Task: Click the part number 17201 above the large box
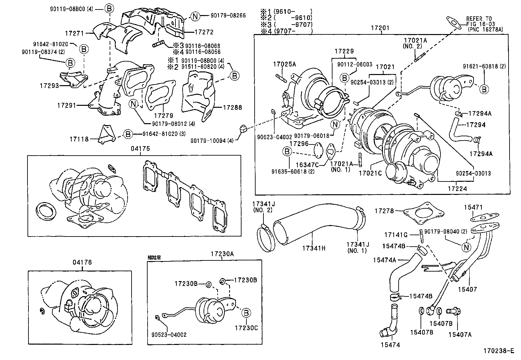click(x=380, y=28)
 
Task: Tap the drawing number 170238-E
click(x=499, y=351)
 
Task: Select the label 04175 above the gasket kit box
click(x=140, y=149)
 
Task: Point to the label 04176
click(x=82, y=262)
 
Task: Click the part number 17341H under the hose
click(x=314, y=248)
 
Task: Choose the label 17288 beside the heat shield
click(x=233, y=107)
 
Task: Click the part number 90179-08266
click(x=228, y=15)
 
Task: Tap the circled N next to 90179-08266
click(x=195, y=16)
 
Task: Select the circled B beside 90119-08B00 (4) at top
click(x=109, y=9)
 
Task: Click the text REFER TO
click(x=479, y=19)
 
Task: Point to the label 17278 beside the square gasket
click(x=384, y=211)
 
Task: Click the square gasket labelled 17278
click(x=423, y=213)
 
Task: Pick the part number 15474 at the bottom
click(x=390, y=345)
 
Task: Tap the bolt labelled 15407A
click(x=454, y=311)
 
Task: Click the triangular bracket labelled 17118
click(x=107, y=135)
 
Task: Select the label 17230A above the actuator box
click(x=222, y=254)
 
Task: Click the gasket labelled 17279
click(x=160, y=95)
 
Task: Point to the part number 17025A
click(x=284, y=64)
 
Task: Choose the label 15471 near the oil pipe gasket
click(x=473, y=207)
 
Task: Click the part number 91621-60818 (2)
click(x=484, y=66)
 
